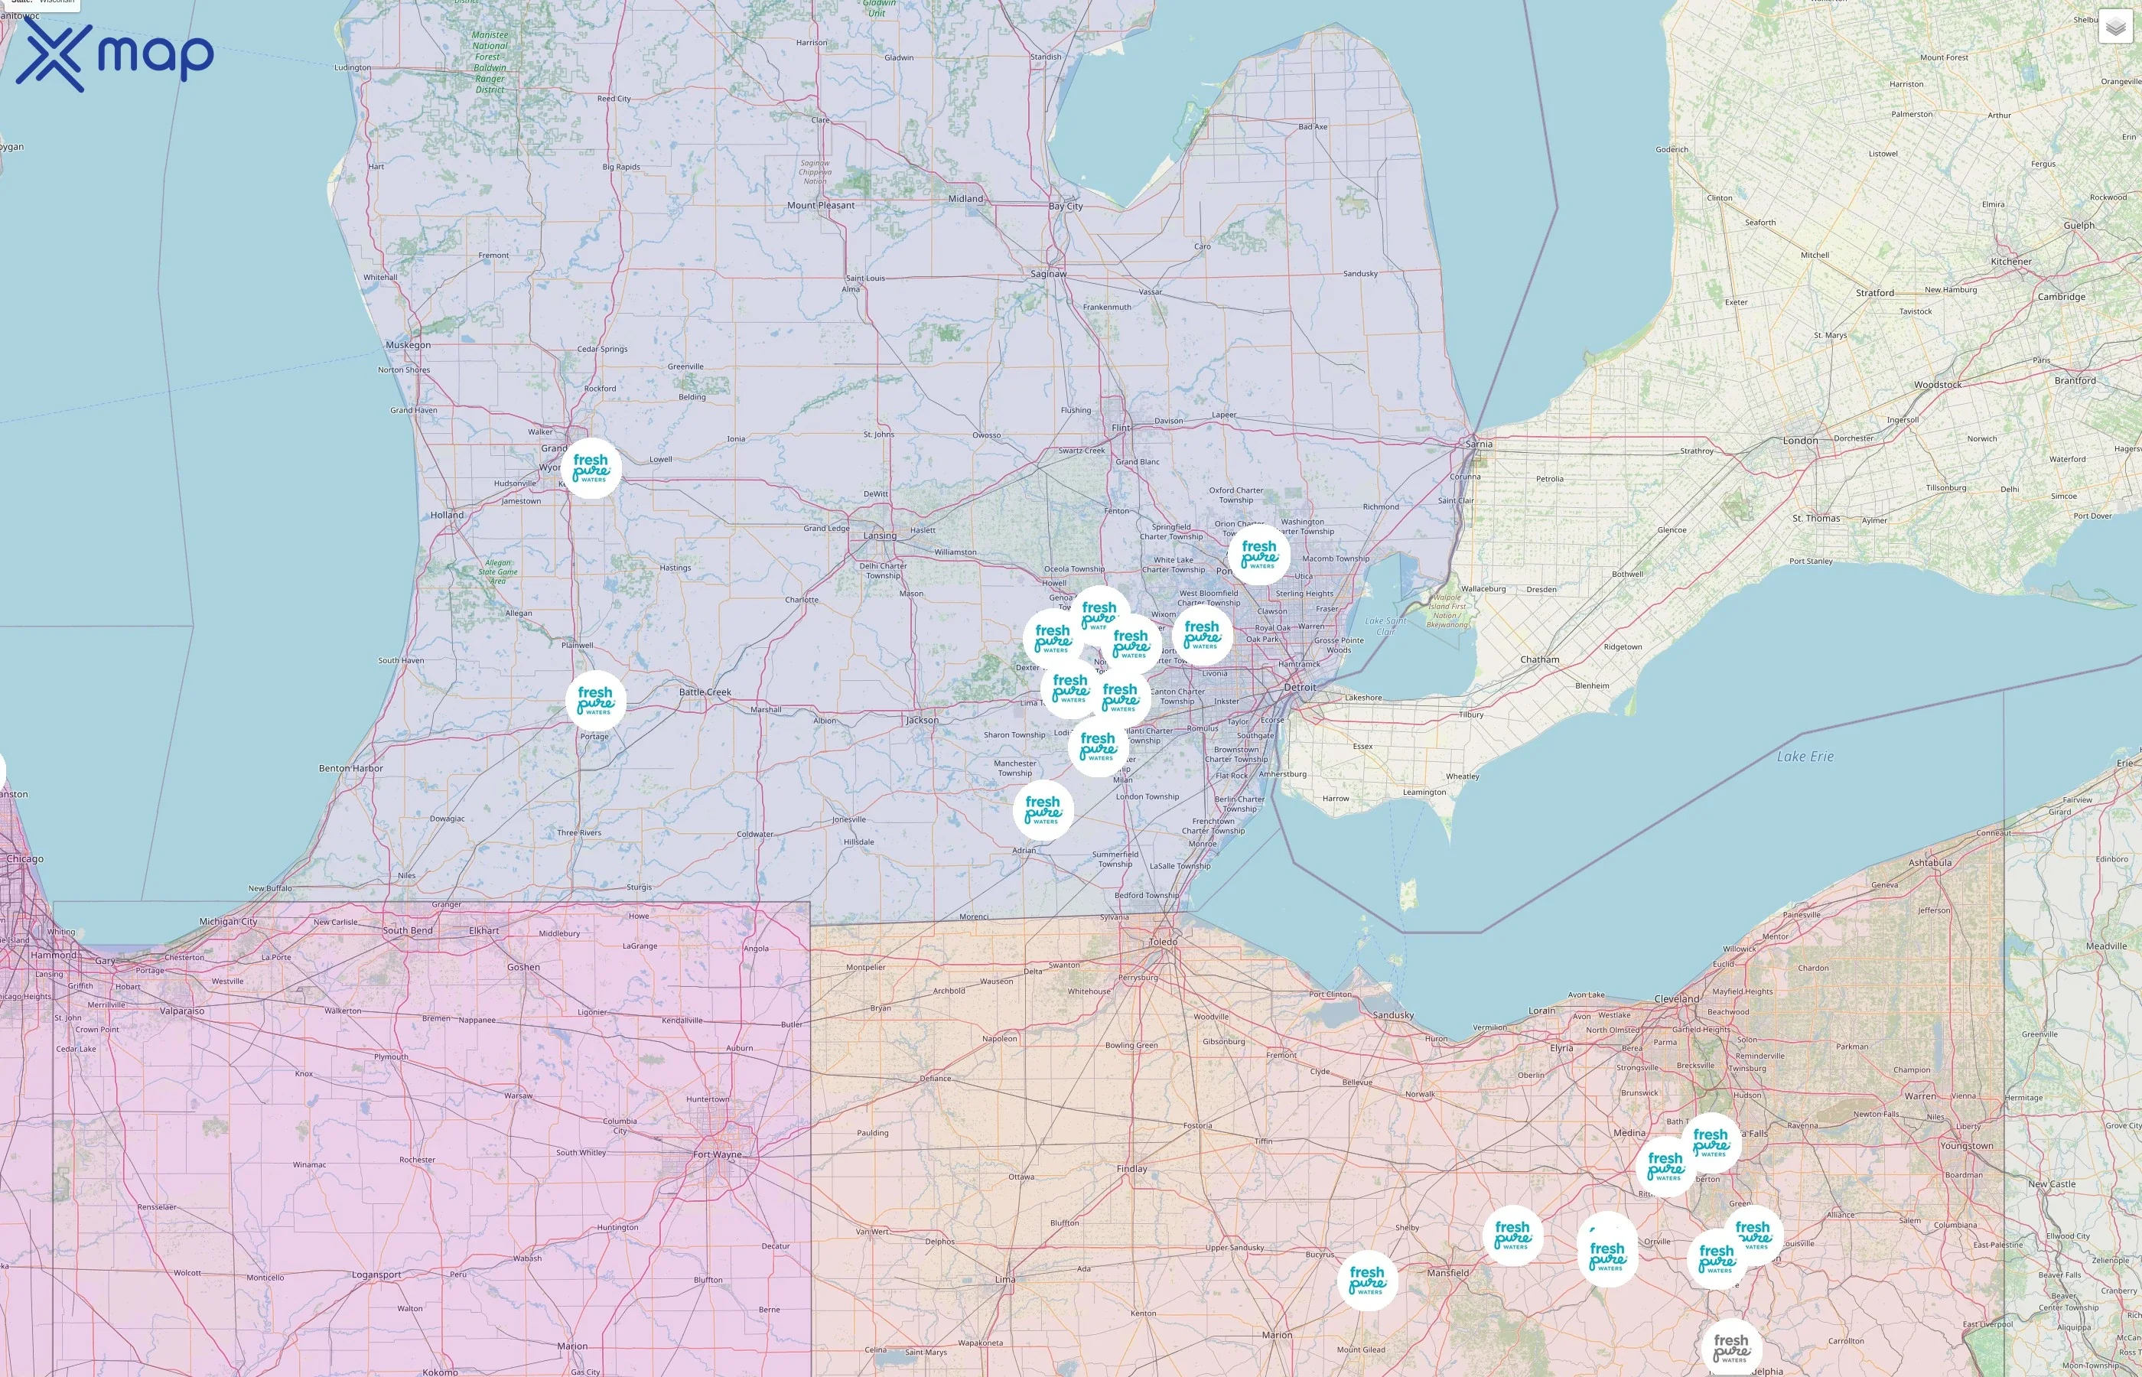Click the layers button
[2115, 27]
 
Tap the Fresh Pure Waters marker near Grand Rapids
[592, 467]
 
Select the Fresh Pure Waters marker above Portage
[595, 700]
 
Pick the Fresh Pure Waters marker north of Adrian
[1043, 810]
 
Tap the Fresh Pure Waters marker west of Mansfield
[1367, 1281]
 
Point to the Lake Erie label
[1805, 757]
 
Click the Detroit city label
[1299, 687]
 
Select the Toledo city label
[1163, 942]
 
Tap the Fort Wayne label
[717, 1154]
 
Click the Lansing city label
[880, 535]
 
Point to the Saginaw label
[1048, 274]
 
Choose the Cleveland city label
[1676, 999]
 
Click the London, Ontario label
[1799, 441]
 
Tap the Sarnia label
[1479, 444]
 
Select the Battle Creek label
[705, 692]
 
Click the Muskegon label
[408, 345]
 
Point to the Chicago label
[24, 858]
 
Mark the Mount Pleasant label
[821, 206]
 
